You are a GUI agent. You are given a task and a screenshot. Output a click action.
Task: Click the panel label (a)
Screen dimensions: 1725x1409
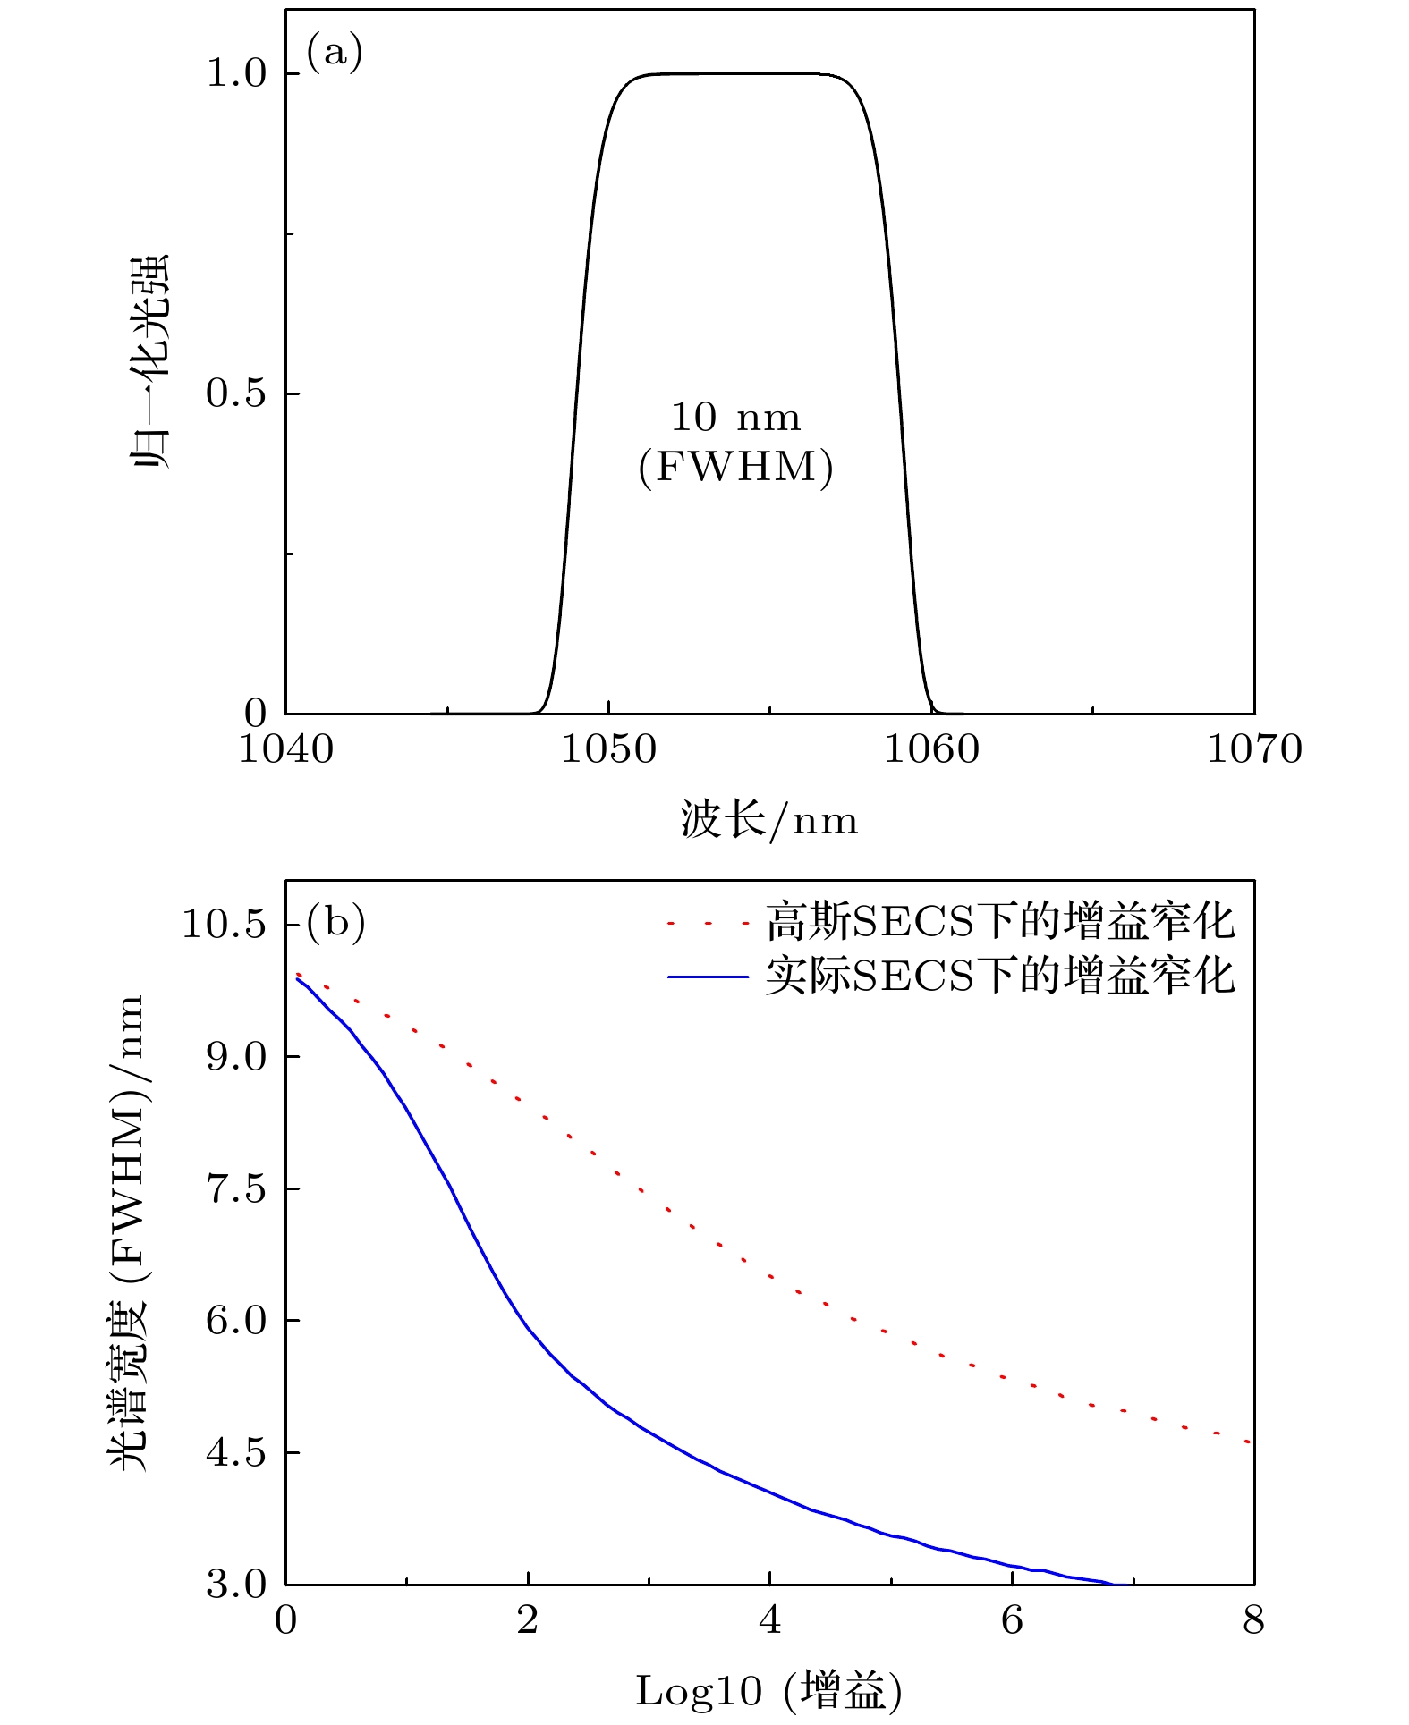(335, 53)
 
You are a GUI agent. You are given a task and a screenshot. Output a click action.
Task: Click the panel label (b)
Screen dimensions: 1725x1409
(335, 921)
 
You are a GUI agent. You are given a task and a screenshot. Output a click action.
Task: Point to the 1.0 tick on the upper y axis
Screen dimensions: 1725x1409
(237, 74)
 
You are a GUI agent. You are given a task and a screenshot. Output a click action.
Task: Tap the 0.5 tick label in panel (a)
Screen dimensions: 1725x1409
(237, 393)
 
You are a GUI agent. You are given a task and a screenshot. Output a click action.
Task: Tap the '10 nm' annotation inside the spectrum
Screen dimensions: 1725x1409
(735, 418)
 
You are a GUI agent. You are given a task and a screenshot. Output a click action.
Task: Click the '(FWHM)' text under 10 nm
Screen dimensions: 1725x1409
(735, 467)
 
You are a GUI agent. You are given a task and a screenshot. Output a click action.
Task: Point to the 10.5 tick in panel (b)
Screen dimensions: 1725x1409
(225, 924)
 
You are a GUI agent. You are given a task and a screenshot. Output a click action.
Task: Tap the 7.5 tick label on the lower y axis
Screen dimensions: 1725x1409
(237, 1189)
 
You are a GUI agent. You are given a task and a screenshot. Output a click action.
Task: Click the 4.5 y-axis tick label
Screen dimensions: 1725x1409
(237, 1453)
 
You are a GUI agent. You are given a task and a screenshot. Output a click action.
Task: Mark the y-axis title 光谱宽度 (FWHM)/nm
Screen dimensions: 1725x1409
(126, 1243)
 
